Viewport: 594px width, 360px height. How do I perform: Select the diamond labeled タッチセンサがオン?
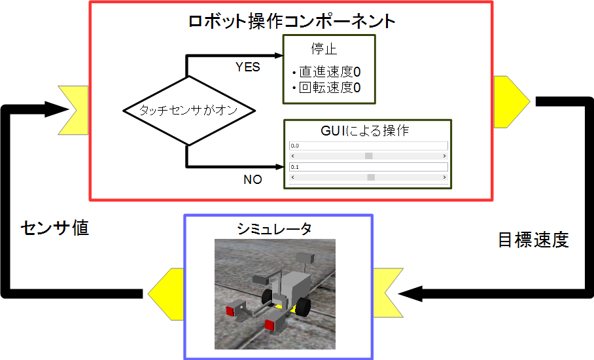coord(188,111)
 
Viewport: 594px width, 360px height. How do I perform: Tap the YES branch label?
coord(247,67)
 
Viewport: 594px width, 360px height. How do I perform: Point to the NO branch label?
coord(253,179)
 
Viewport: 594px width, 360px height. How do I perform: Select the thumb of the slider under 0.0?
coord(369,156)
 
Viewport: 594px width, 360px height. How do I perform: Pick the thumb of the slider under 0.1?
coord(371,177)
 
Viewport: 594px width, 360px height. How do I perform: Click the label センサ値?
coord(54,228)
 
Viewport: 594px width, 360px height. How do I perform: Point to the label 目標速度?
coord(533,240)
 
